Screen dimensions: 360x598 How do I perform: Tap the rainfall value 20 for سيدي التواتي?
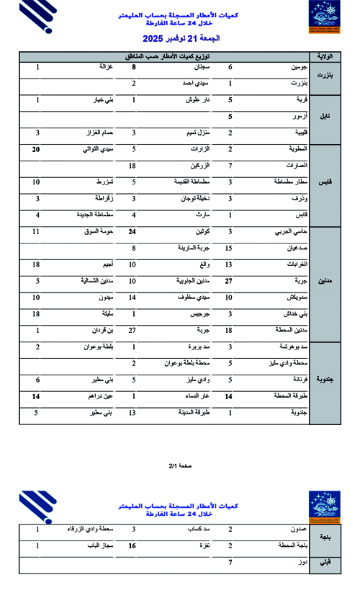[36, 150]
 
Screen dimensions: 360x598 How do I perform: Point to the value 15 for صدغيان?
[230, 249]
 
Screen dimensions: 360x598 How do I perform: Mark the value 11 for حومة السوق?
[36, 232]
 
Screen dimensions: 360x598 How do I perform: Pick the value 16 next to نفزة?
[132, 546]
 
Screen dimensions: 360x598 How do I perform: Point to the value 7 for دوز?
[230, 561]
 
